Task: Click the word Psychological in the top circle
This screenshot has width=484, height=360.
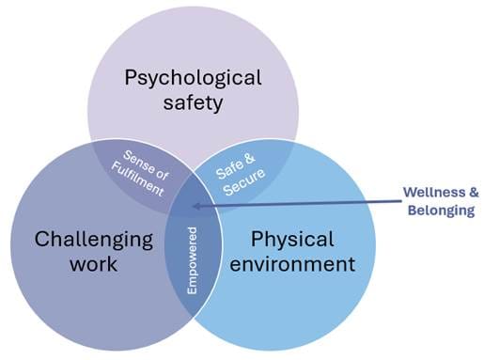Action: click(193, 76)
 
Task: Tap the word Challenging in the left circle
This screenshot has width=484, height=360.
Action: click(93, 239)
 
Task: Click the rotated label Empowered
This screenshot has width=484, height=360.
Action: click(193, 259)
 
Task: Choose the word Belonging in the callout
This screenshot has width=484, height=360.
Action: click(442, 210)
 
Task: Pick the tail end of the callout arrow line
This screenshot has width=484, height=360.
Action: click(394, 197)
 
